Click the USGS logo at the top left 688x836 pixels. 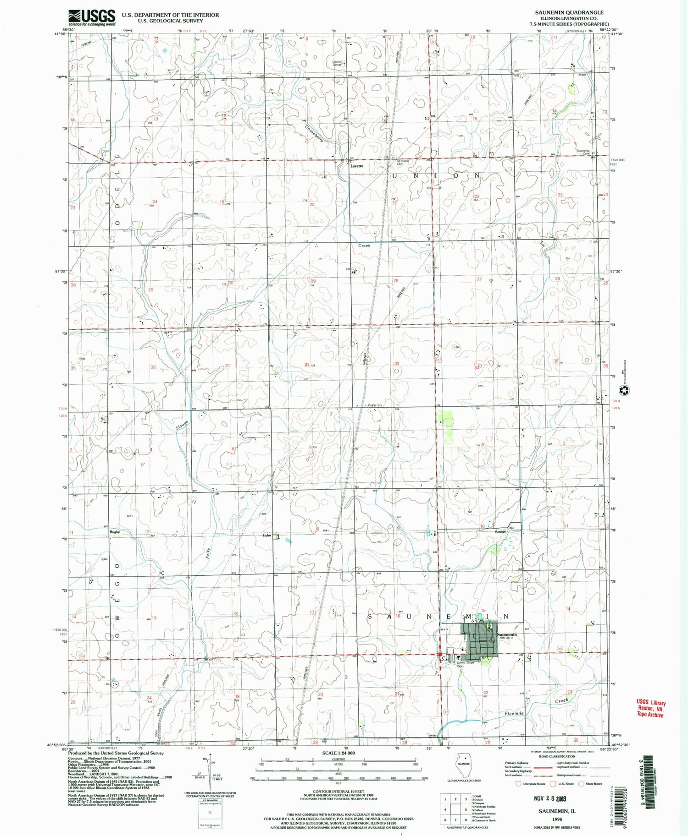click(92, 17)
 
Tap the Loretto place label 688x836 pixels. click(357, 166)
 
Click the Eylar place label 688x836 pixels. click(267, 535)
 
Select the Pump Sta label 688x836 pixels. click(375, 405)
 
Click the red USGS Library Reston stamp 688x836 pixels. click(650, 708)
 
